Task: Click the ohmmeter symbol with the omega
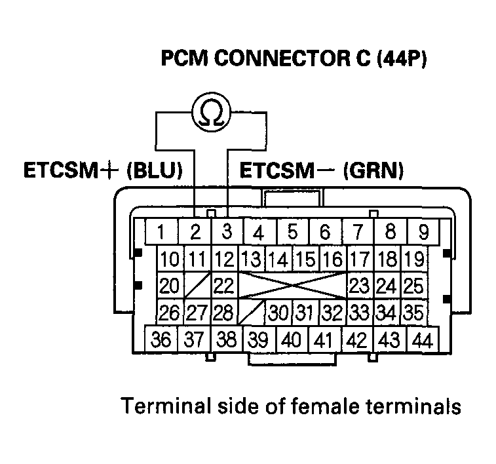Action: [211, 112]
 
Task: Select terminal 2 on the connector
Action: [194, 231]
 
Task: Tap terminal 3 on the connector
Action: [227, 231]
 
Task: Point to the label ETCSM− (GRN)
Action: [321, 171]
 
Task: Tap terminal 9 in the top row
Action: [423, 231]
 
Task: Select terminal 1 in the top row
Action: [161, 231]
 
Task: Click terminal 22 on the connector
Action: [225, 286]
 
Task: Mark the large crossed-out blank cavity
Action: [292, 286]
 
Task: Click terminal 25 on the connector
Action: [413, 286]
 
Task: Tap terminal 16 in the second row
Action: [333, 260]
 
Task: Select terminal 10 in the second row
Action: [169, 260]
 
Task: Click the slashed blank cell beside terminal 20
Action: [197, 286]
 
